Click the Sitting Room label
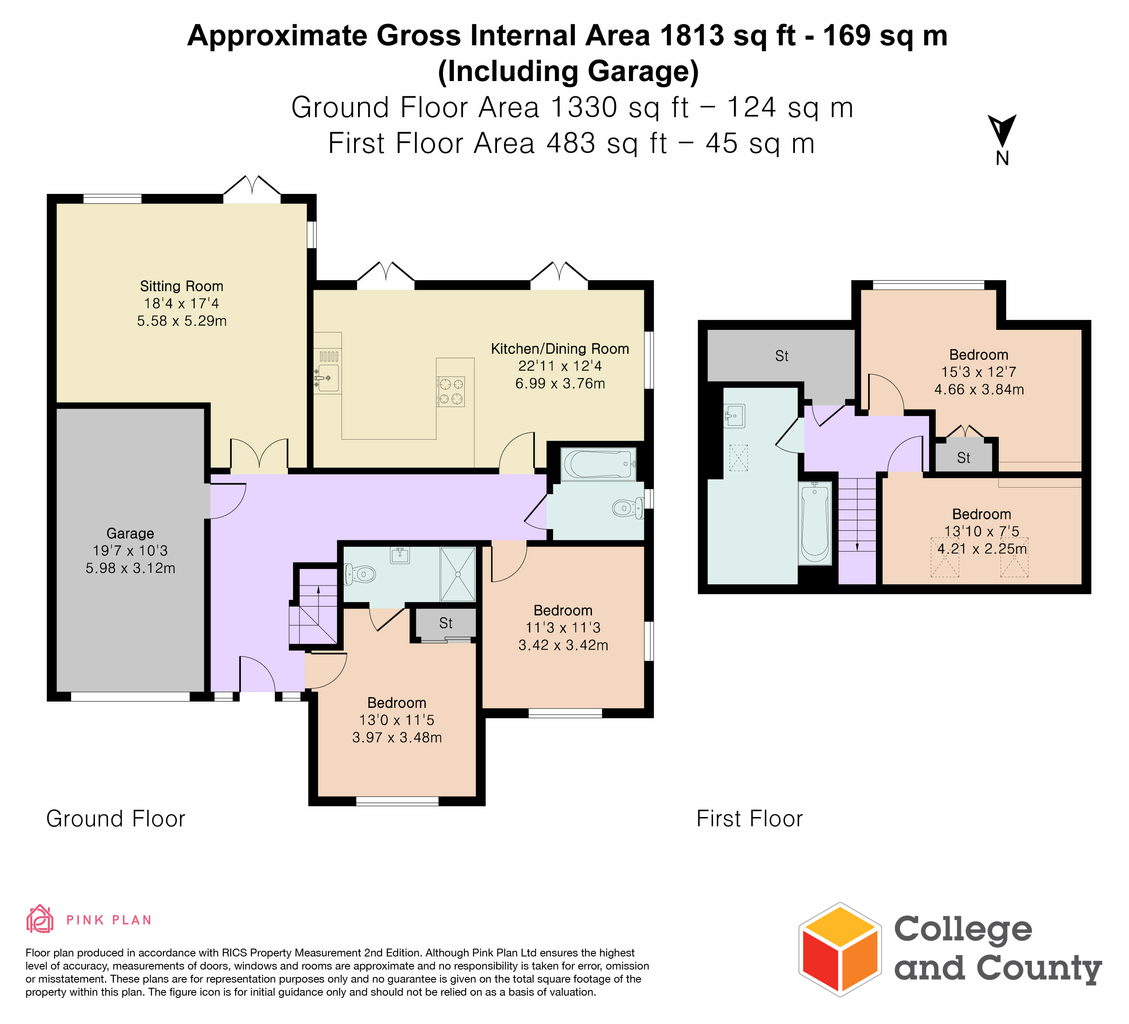tap(182, 286)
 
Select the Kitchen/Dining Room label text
tap(560, 349)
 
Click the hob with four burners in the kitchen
tap(451, 391)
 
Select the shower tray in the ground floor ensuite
tap(457, 574)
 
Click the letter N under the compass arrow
tap(1002, 159)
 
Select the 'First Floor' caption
tap(749, 819)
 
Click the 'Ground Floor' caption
tap(115, 819)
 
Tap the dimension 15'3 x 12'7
tap(979, 372)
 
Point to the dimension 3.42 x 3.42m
tap(563, 645)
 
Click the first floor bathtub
tap(815, 523)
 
